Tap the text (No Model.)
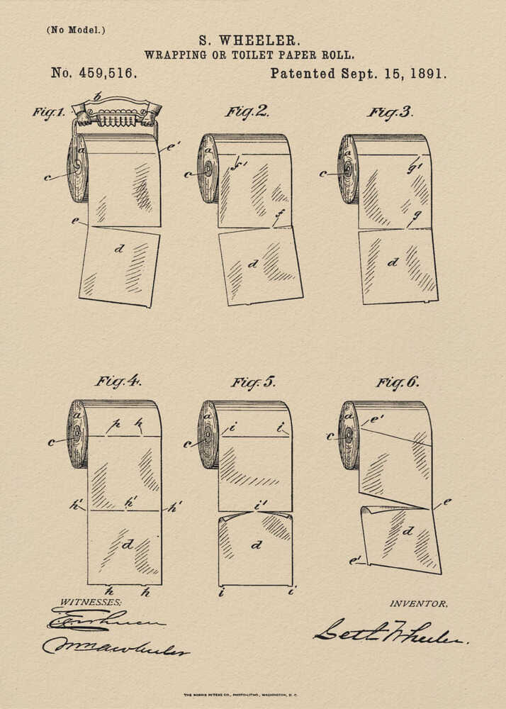(75, 30)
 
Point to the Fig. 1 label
(48, 112)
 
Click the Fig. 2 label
(247, 111)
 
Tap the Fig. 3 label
(390, 111)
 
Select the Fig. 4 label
(118, 381)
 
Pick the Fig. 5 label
(252, 382)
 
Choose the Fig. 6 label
(397, 382)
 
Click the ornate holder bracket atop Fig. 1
(117, 111)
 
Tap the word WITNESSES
(90, 601)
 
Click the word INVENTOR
(418, 603)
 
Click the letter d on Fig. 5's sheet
(257, 545)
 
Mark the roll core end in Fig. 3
(347, 170)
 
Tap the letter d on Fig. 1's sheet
(119, 249)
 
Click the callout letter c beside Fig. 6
(330, 436)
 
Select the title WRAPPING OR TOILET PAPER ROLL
(249, 55)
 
